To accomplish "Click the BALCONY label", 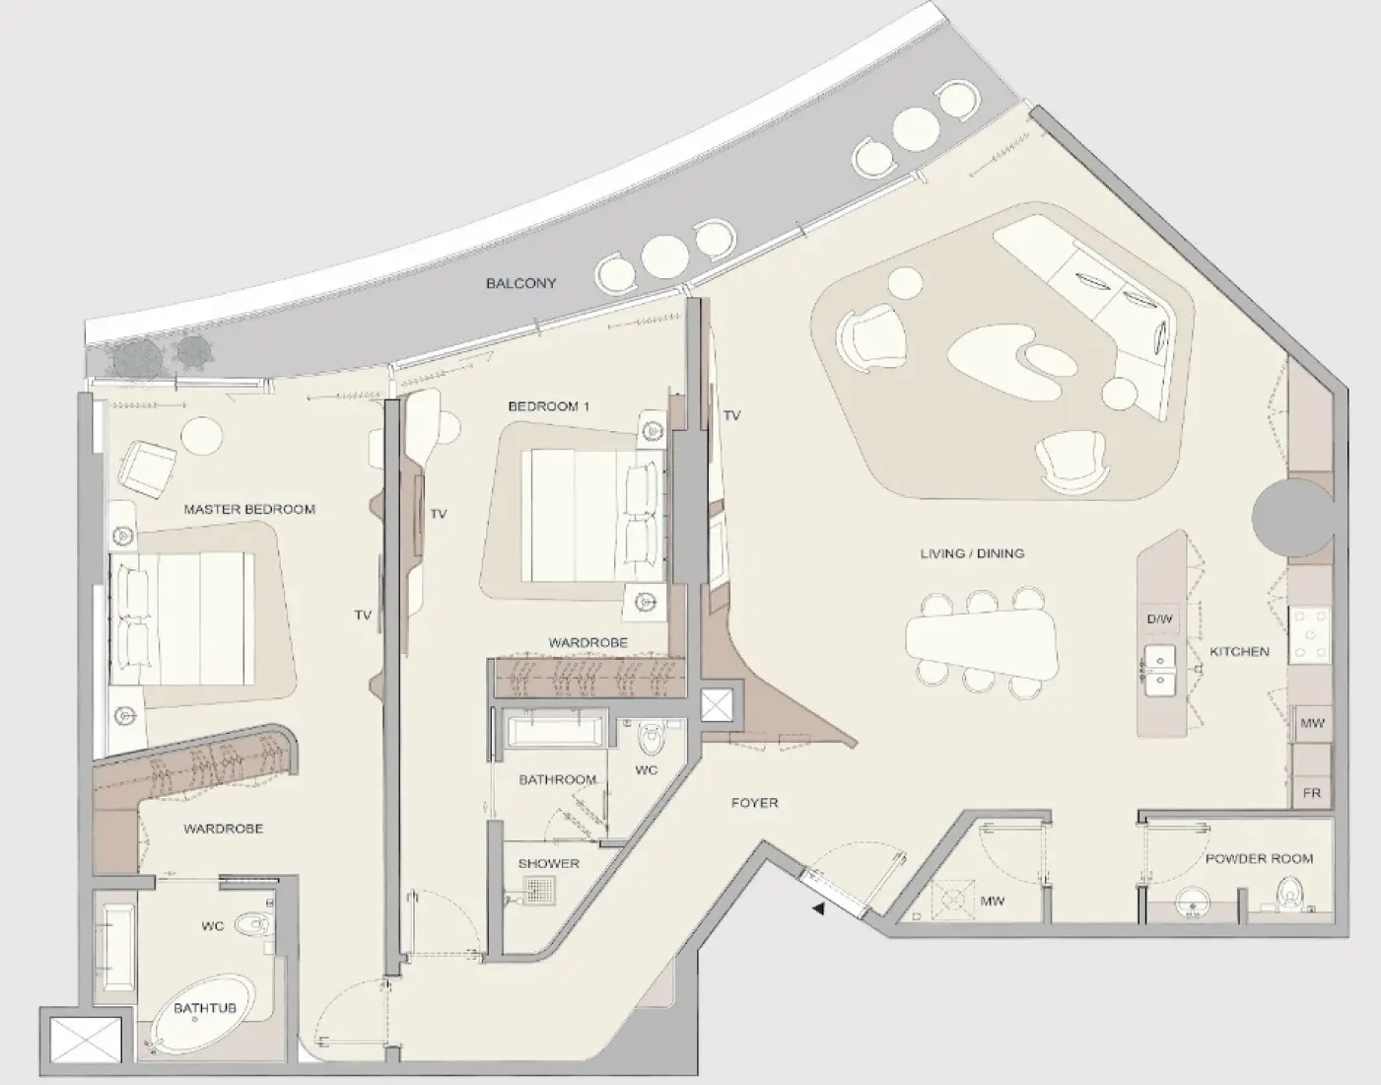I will pyautogui.click(x=520, y=283).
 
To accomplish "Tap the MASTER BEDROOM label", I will pyautogui.click(x=249, y=510).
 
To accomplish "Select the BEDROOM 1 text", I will pyautogui.click(x=548, y=406).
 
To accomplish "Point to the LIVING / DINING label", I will pyautogui.click(x=972, y=553).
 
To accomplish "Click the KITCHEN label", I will pyautogui.click(x=1239, y=652).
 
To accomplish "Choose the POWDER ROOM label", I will pyautogui.click(x=1259, y=859).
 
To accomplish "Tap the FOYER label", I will pyautogui.click(x=755, y=803).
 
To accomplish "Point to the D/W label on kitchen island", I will pyautogui.click(x=1160, y=619).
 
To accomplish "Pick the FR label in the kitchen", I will pyautogui.click(x=1311, y=792).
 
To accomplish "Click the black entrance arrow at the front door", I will pyautogui.click(x=818, y=909).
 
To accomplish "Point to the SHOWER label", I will pyautogui.click(x=549, y=863).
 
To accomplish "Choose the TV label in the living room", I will pyautogui.click(x=731, y=416).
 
